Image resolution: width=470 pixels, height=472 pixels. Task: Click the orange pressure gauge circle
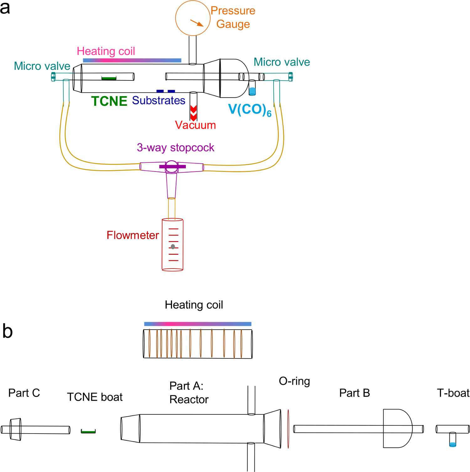click(192, 18)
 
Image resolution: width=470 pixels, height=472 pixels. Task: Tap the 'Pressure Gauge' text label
click(233, 17)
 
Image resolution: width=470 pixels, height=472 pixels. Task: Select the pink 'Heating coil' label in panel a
click(106, 51)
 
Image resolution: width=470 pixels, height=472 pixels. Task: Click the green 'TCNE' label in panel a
click(109, 101)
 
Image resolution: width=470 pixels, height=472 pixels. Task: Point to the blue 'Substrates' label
click(159, 100)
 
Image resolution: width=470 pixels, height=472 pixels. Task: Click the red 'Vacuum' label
click(195, 125)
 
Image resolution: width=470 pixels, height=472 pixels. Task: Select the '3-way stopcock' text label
click(175, 147)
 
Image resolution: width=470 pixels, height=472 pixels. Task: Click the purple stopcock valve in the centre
click(172, 167)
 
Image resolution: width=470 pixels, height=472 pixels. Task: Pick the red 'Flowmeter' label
click(133, 235)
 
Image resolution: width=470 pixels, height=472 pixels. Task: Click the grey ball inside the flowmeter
click(173, 247)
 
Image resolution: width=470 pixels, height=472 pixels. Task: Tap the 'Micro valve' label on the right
click(282, 62)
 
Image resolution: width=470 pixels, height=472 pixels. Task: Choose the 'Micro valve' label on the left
click(42, 66)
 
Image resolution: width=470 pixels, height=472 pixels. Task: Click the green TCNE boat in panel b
click(88, 431)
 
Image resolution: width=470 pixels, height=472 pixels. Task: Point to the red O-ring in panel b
click(288, 429)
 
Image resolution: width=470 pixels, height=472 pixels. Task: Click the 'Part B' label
click(354, 393)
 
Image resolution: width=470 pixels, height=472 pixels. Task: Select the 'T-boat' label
click(453, 393)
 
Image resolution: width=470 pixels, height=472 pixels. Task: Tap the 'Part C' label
click(24, 393)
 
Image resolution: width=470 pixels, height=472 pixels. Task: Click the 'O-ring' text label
click(294, 381)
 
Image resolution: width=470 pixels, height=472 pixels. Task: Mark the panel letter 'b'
click(8, 331)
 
